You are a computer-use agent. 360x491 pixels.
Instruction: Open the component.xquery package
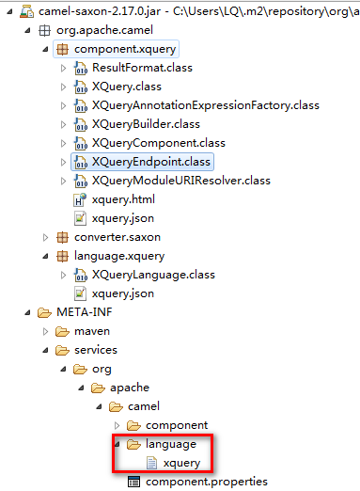pyautogui.click(x=124, y=48)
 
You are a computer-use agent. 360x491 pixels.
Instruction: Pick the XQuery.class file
pyautogui.click(x=127, y=87)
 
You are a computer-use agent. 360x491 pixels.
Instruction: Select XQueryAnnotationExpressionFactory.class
pyautogui.click(x=193, y=105)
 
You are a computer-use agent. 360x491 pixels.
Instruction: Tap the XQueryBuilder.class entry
pyautogui.click(x=146, y=124)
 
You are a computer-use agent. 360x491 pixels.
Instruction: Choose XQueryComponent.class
pyautogui.click(x=159, y=143)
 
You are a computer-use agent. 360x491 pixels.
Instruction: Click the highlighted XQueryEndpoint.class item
pyautogui.click(x=151, y=162)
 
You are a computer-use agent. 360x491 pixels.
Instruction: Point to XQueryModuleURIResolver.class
pyautogui.click(x=180, y=181)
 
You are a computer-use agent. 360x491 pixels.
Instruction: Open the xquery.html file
pyautogui.click(x=124, y=199)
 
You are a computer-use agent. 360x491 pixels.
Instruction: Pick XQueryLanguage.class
pyautogui.click(x=153, y=275)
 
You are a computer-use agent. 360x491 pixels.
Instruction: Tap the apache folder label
pyautogui.click(x=131, y=388)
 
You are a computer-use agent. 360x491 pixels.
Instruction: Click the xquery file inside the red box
pyautogui.click(x=180, y=463)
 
